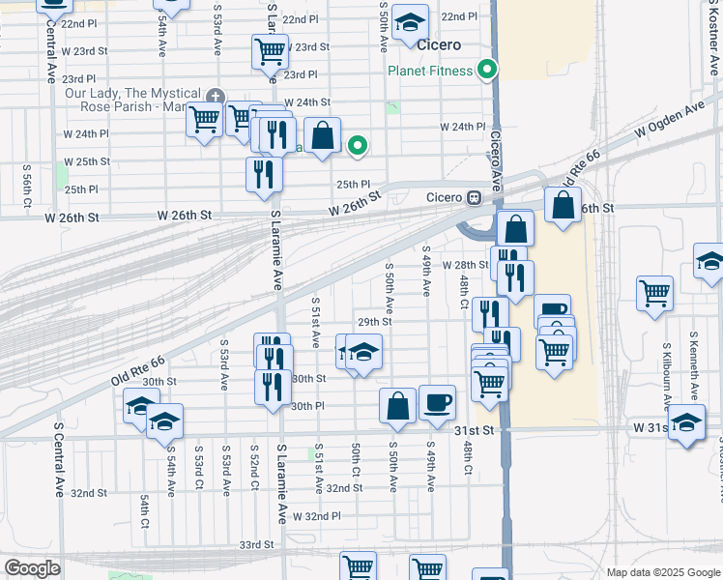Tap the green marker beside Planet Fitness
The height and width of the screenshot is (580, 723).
488,70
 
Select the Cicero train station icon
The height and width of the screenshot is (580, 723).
475,197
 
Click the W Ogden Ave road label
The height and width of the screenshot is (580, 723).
668,121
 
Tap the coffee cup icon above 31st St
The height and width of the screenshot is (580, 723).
437,401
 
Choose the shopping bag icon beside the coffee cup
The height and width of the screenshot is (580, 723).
397,405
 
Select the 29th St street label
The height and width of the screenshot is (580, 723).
374,322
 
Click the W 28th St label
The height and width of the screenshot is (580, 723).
466,265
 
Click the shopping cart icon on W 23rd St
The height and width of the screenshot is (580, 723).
270,51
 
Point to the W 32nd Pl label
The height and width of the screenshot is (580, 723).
317,517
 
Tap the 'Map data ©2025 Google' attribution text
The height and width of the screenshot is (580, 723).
661,572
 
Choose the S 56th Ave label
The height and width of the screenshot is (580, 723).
27,188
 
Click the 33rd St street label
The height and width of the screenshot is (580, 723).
257,545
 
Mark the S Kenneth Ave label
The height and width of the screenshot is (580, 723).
693,367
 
